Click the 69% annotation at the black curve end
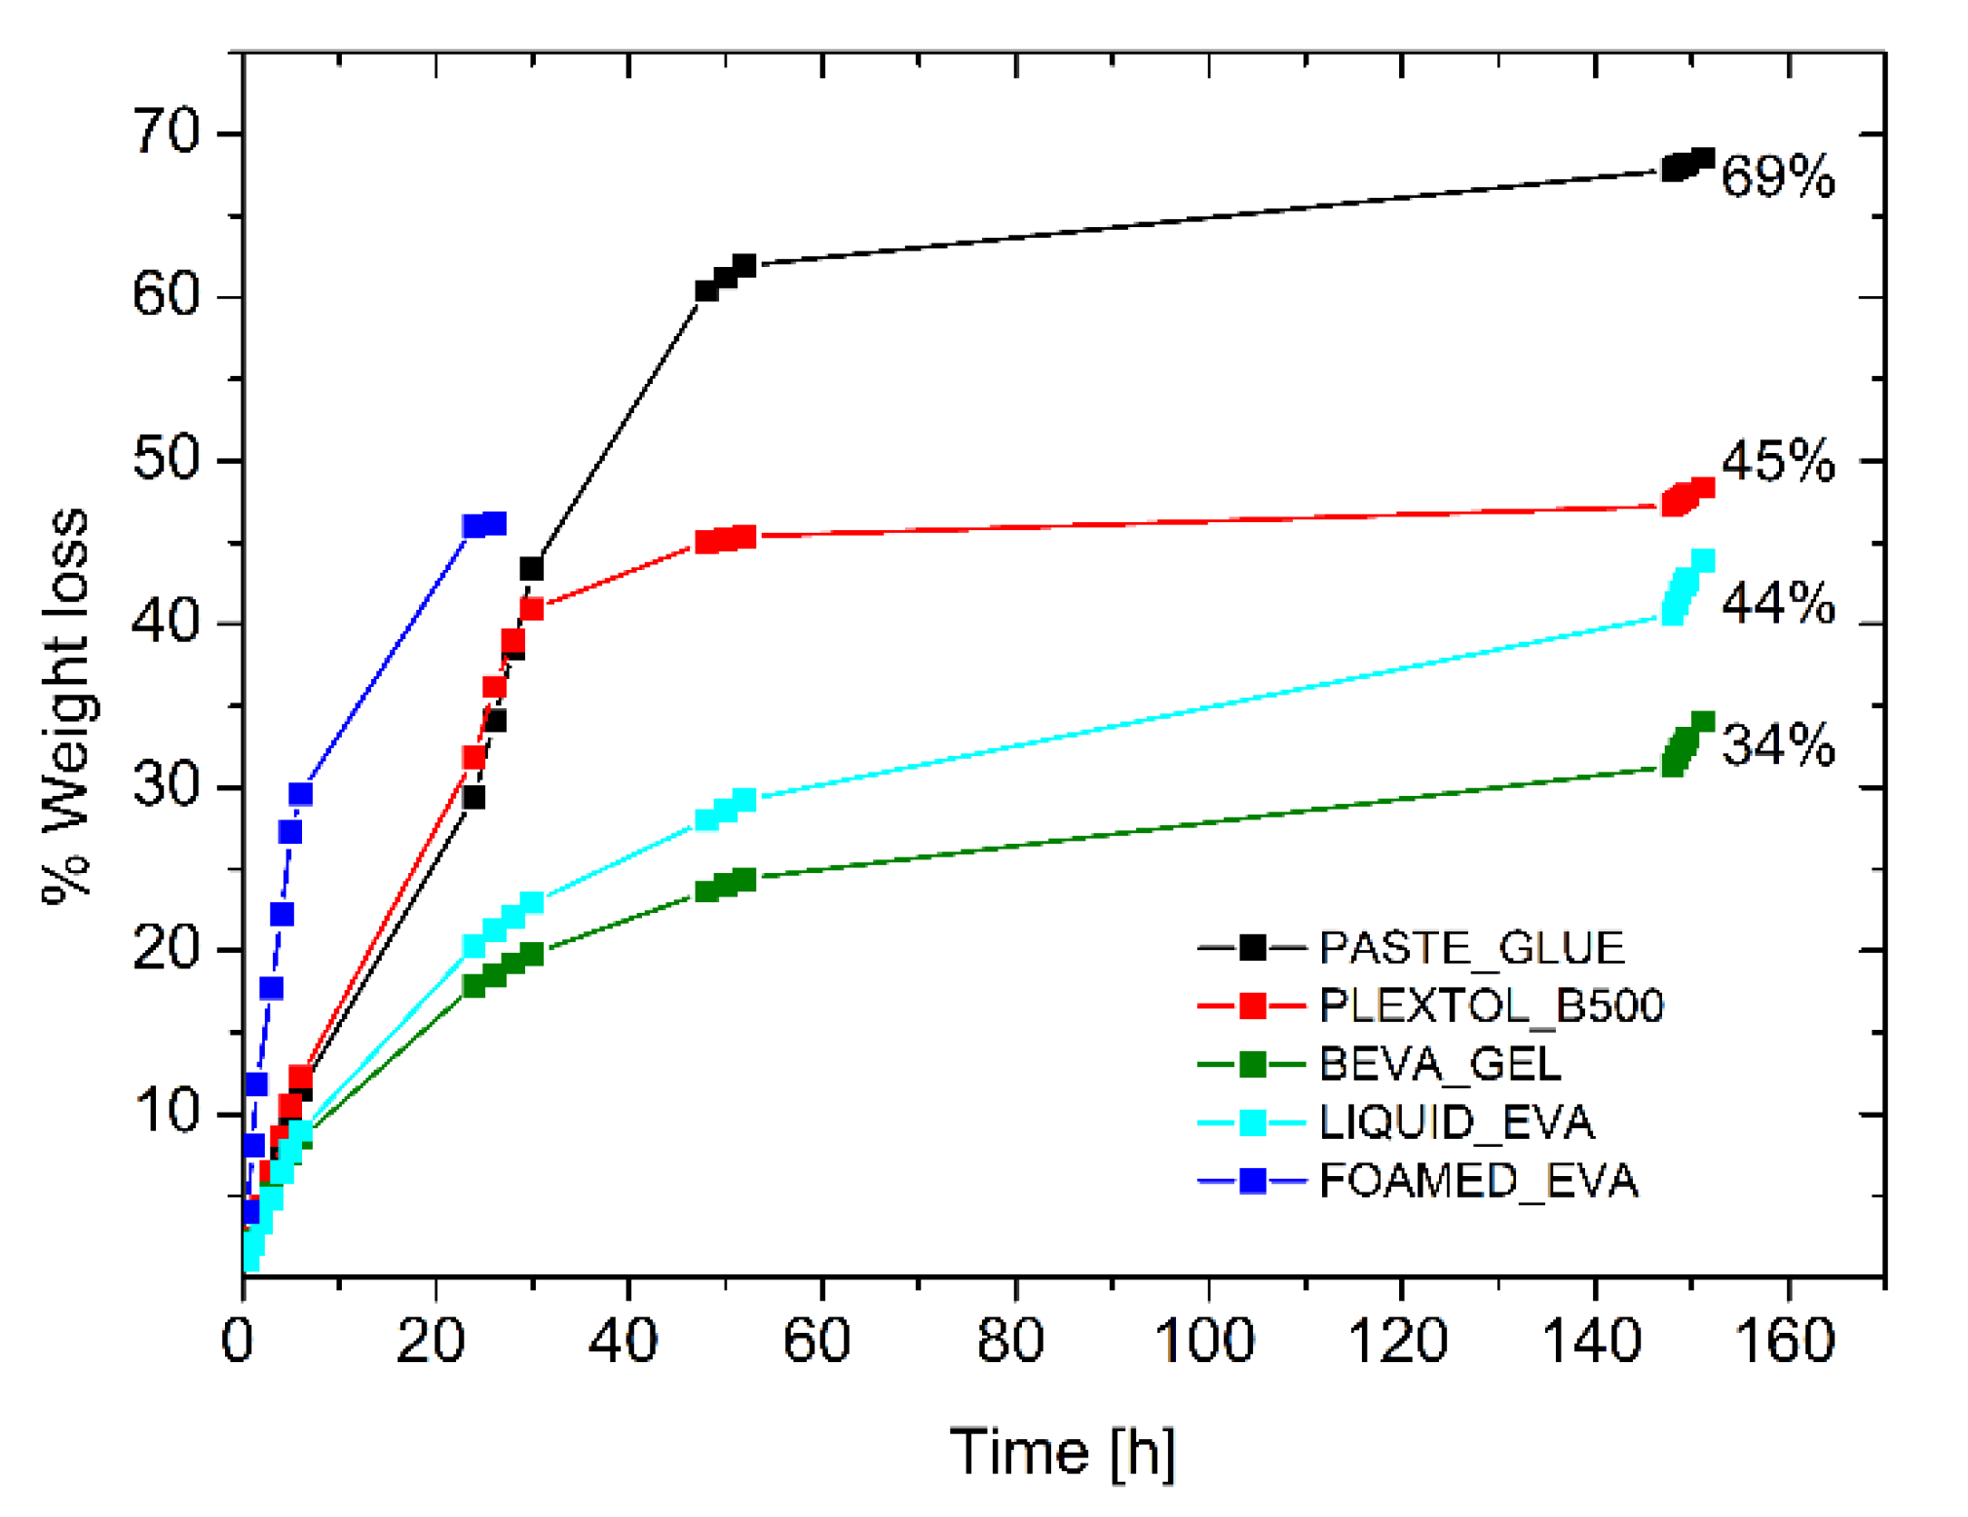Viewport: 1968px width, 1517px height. click(1776, 176)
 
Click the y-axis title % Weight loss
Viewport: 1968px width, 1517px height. click(66, 706)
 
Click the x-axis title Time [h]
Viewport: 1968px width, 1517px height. click(1062, 1452)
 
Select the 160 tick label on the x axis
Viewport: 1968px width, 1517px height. click(1785, 1340)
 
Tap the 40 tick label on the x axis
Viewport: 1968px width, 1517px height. click(624, 1340)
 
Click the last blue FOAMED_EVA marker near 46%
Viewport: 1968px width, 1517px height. click(494, 524)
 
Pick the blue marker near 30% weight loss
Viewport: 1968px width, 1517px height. click(300, 794)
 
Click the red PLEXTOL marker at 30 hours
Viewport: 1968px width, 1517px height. click(531, 609)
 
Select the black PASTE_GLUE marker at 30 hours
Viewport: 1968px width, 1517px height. click(531, 568)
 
